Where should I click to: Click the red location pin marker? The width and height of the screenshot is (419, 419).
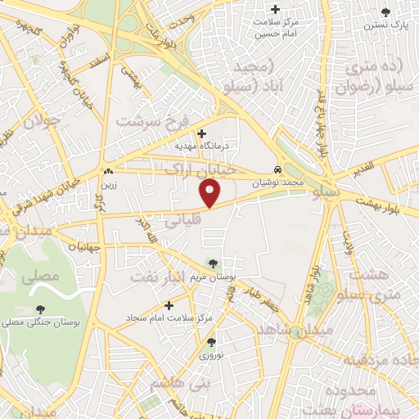click(x=210, y=193)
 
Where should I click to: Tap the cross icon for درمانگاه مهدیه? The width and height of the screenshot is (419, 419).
click(x=202, y=133)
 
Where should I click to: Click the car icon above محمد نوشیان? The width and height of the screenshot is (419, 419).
click(x=280, y=163)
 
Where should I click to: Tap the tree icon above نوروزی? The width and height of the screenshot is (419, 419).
click(x=212, y=343)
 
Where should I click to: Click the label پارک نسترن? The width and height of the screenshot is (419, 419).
click(x=387, y=25)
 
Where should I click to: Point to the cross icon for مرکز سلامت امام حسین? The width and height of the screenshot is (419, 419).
click(x=276, y=10)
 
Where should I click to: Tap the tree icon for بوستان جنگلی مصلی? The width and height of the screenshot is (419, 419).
click(x=40, y=309)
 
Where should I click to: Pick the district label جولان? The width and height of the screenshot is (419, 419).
click(x=41, y=124)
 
